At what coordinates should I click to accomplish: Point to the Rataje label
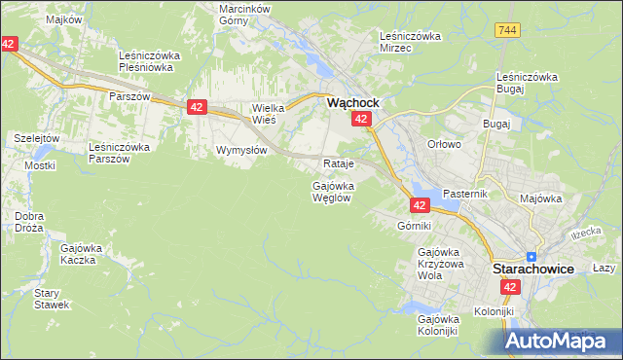337,162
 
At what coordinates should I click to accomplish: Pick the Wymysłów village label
241,151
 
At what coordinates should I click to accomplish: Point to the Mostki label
40,165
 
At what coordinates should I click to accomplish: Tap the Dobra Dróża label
30,222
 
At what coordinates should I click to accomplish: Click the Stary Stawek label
52,299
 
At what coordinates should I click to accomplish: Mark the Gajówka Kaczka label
82,254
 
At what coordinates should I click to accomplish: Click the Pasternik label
463,194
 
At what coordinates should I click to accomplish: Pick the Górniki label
414,226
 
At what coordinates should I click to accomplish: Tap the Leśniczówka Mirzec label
410,42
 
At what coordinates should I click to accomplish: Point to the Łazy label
605,268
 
